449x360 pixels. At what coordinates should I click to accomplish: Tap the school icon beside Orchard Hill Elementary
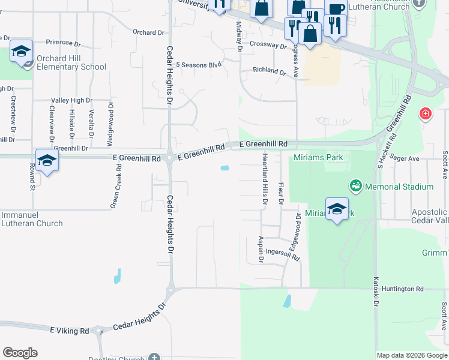pos(21,52)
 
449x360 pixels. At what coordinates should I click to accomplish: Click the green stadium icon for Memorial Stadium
pos(356,187)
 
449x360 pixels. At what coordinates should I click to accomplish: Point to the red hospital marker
pos(425,113)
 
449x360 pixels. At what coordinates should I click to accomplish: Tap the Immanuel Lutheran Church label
pos(32,219)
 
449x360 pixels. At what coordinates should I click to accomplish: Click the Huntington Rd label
pos(406,289)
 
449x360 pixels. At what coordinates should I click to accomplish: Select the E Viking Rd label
pos(70,331)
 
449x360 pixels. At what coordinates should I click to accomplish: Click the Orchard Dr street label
pos(148,32)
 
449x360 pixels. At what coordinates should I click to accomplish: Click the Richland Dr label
pos(270,71)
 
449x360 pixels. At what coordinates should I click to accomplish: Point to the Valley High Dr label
pos(71,100)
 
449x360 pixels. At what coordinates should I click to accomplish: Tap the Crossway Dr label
pos(268,45)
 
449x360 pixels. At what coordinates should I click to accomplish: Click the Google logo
pos(20,353)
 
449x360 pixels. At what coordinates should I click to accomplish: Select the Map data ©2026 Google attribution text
pos(411,355)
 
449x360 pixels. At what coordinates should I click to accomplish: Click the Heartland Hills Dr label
pos(264,179)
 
